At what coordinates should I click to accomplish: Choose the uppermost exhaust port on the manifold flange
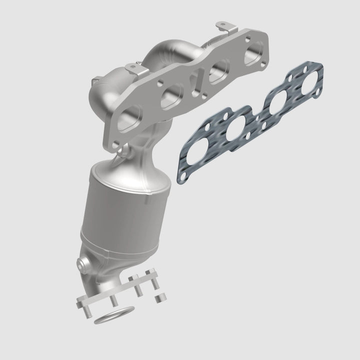254,52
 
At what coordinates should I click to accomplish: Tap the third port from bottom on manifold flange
216,72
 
